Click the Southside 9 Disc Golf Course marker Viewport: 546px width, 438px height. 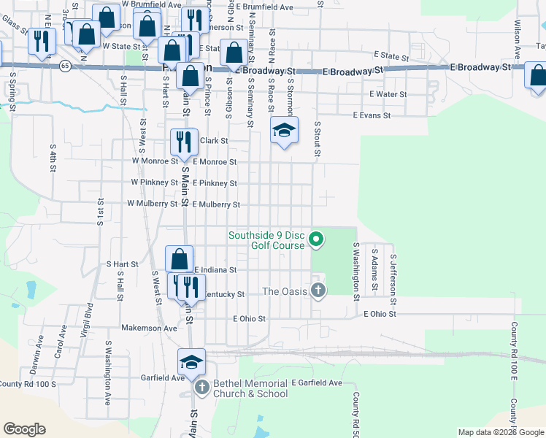tap(316, 239)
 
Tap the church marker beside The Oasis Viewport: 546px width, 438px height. tap(318, 291)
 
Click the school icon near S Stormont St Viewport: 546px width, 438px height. tap(284, 131)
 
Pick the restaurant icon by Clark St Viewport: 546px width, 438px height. tap(184, 141)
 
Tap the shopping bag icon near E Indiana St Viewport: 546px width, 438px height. tap(179, 258)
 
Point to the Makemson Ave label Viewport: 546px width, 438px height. tap(149, 328)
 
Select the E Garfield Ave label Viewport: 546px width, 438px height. tap(316, 383)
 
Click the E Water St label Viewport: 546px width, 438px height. tap(388, 94)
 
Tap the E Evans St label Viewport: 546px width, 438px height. tap(372, 115)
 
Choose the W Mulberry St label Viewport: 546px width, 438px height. tap(153, 204)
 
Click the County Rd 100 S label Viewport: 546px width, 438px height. tap(28, 384)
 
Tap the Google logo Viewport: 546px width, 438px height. tap(24, 429)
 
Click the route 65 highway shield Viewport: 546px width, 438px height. tap(65, 66)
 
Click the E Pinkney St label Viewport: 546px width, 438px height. tap(214, 183)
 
